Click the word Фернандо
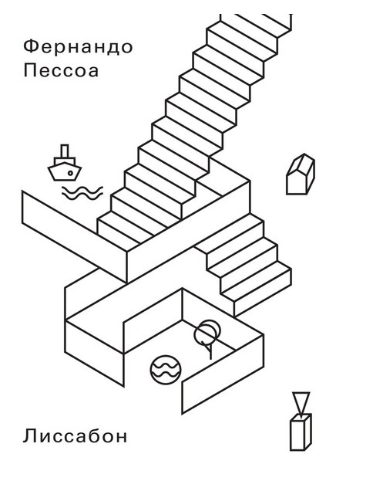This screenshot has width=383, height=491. coord(78,46)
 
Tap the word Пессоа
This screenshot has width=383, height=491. coord(62,71)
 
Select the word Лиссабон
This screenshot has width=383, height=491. coord(75,435)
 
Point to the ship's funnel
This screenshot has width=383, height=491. coord(65,151)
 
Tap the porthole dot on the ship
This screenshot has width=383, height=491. coord(70,173)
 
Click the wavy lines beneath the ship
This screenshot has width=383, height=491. coord(82,193)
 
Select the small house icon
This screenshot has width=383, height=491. coord(301,174)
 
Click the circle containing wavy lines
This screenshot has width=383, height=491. coord(166,370)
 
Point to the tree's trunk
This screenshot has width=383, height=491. coord(210,352)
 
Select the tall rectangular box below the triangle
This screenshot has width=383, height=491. coord(301,432)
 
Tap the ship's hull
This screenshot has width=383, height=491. coord(65,174)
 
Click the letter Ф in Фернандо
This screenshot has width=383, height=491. coord(31,46)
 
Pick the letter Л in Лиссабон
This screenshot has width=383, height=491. coord(29,436)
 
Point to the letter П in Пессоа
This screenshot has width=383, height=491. coord(30,70)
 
